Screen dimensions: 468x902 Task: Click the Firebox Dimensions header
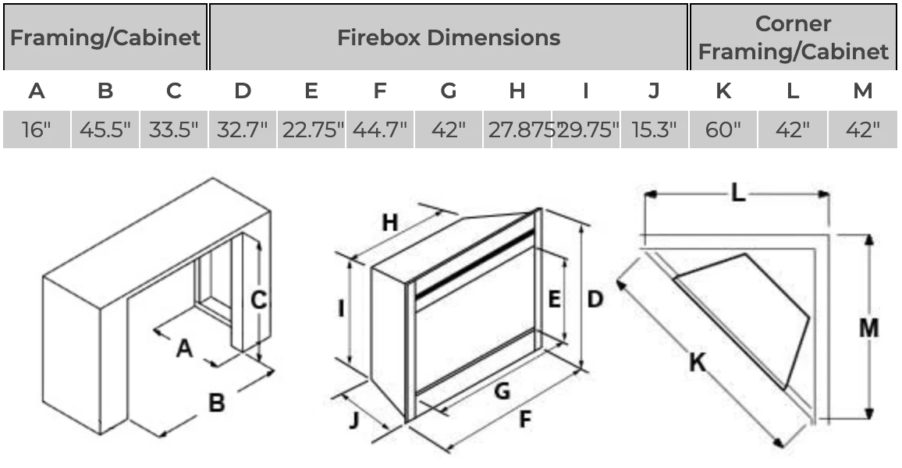448,37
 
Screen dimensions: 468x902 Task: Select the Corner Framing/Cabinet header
793,37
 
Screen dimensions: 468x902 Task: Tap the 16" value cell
36,129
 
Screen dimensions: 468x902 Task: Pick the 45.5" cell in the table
105,129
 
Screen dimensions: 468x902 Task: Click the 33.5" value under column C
173,129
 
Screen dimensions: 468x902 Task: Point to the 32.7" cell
243,129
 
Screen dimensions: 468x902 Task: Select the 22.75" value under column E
311,129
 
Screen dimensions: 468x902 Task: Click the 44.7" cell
380,129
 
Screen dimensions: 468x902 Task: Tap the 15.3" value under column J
654,129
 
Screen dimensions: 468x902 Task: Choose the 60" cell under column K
723,129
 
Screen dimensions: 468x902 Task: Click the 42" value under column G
449,129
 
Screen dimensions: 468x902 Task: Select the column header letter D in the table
243,91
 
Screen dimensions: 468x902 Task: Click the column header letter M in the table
862,91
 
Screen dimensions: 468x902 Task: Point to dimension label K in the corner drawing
697,362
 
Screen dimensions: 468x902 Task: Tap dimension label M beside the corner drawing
868,328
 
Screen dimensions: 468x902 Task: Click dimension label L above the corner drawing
737,193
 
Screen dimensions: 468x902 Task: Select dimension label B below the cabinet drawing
216,402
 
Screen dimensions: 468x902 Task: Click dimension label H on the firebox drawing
389,223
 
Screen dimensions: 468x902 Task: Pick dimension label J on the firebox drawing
354,420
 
